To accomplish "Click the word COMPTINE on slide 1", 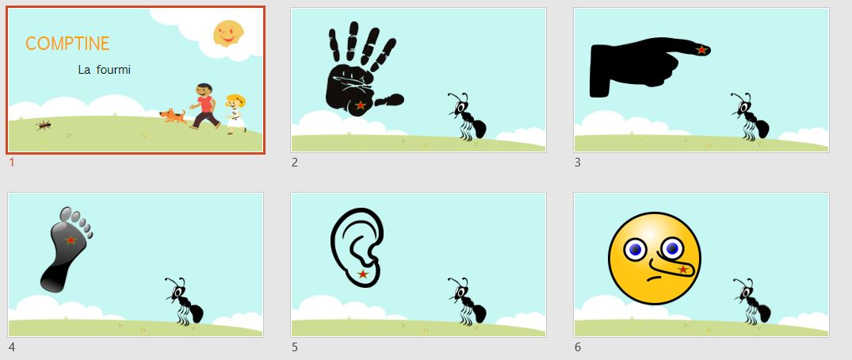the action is tap(67, 44).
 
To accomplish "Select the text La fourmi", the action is tap(105, 70).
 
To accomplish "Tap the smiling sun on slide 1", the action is tap(228, 33).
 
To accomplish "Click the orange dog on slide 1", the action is tap(173, 115).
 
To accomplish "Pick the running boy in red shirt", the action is tap(204, 106).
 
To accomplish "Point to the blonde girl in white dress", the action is tap(236, 113).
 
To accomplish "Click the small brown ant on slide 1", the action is tap(44, 125).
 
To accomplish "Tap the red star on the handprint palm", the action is tap(360, 105).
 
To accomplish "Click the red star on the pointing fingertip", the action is tap(701, 49).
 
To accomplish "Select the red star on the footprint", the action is tap(71, 239).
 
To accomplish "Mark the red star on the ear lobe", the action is tap(363, 274).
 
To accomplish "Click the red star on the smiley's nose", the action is tap(683, 269).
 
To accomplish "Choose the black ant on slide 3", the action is tap(750, 117).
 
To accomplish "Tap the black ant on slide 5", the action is tap(467, 301).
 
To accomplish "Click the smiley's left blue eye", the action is tap(635, 250).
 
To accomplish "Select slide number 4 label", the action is tap(12, 347).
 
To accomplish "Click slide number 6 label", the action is tap(578, 347).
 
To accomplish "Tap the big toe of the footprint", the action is tap(66, 214).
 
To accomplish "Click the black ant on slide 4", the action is tap(184, 301).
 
